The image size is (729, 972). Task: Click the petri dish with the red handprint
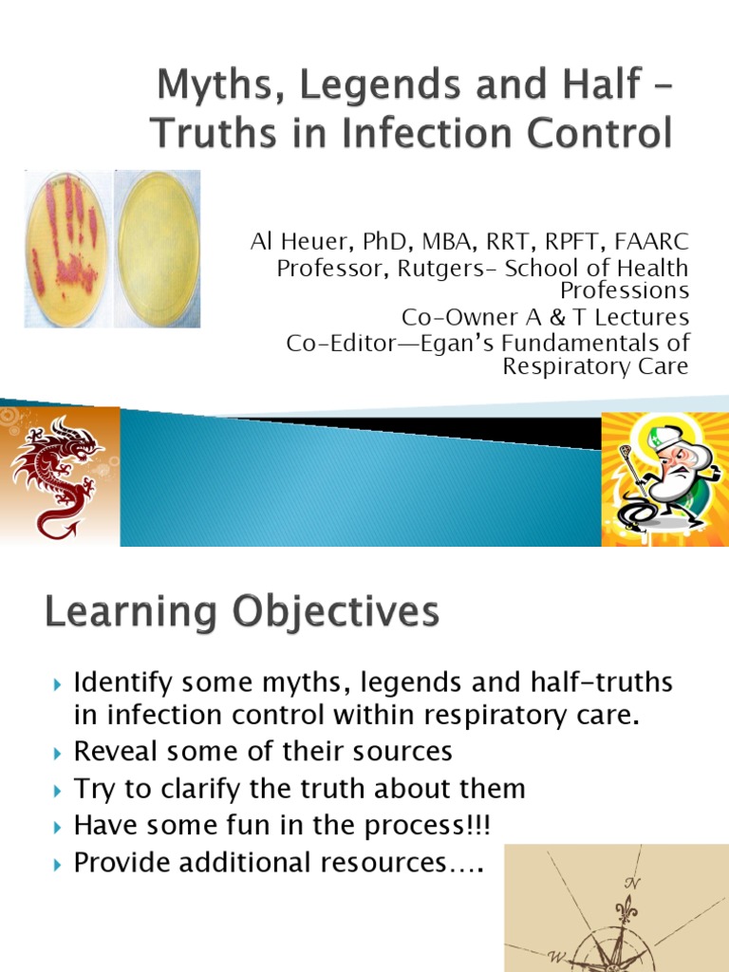[x=65, y=250]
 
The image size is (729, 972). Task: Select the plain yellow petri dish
[x=158, y=250]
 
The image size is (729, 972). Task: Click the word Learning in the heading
[x=124, y=613]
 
